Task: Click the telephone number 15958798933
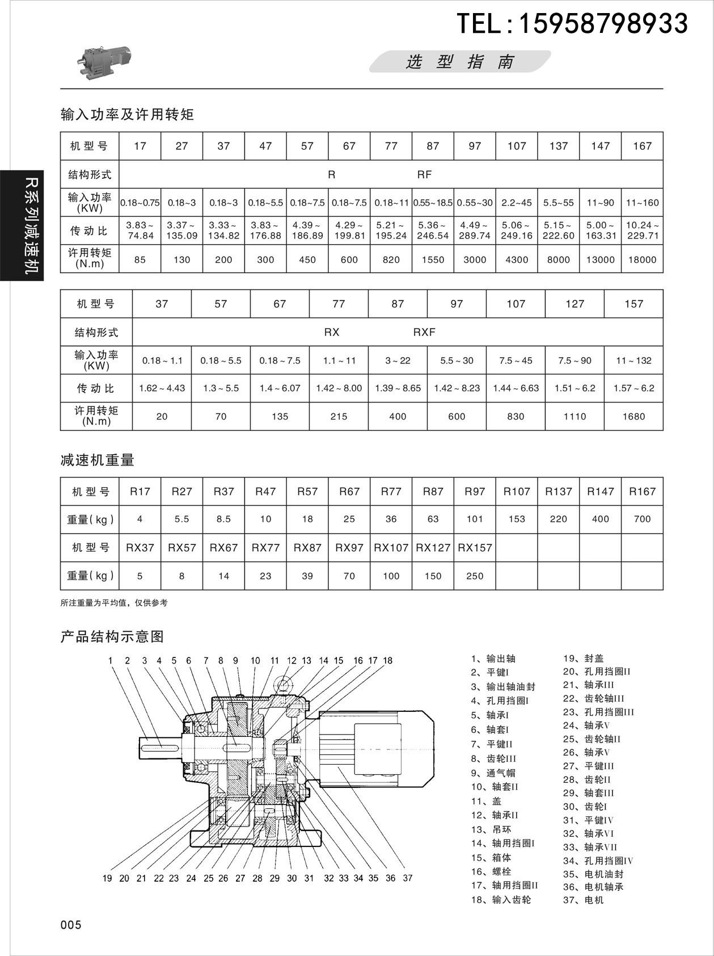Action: [x=603, y=24]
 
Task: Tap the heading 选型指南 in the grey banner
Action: [x=459, y=62]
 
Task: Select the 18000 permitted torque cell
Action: [x=642, y=259]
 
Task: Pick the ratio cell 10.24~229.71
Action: [x=642, y=230]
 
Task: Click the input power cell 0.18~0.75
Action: [x=140, y=203]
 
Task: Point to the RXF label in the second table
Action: [x=424, y=332]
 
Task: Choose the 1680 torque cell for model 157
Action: [x=633, y=416]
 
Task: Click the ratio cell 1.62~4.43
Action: [x=162, y=388]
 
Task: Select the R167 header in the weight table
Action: [x=642, y=492]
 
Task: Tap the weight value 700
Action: [x=642, y=519]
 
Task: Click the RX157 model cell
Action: [x=475, y=548]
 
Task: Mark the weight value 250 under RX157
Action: [x=475, y=576]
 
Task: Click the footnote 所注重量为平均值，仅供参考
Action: [x=114, y=603]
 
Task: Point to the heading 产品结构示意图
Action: [x=112, y=636]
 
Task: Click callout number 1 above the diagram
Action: [x=111, y=660]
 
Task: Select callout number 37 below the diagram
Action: [x=407, y=878]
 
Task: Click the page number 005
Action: [x=71, y=925]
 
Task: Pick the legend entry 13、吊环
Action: [x=491, y=829]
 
